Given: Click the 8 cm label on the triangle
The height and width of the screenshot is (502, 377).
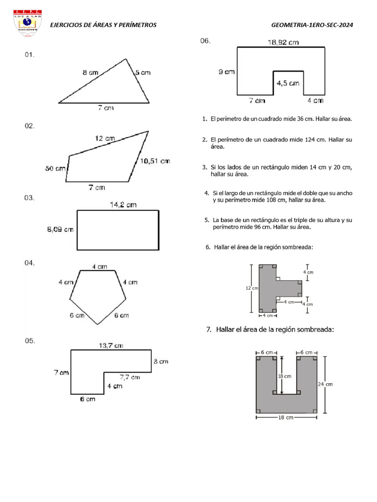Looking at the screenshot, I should pyautogui.click(x=90, y=73).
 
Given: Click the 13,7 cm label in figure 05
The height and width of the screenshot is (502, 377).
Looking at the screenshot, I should pyautogui.click(x=111, y=346).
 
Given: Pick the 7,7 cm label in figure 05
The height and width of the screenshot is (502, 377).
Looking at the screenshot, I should pyautogui.click(x=130, y=377).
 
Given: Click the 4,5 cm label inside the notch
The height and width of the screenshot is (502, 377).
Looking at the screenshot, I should pyautogui.click(x=288, y=83).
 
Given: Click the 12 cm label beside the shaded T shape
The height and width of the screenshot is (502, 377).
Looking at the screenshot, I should pyautogui.click(x=251, y=289).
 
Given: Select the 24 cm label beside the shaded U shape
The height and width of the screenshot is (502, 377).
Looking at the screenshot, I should pyautogui.click(x=325, y=384).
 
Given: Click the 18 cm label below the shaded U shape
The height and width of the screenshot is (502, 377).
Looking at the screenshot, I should pyautogui.click(x=286, y=418).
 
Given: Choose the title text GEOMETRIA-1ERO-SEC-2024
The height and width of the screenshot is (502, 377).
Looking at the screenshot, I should pyautogui.click(x=312, y=25).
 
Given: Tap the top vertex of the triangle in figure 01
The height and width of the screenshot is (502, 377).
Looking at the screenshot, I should pyautogui.click(x=126, y=59).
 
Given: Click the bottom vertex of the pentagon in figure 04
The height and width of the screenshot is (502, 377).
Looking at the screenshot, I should pyautogui.click(x=98, y=324).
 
